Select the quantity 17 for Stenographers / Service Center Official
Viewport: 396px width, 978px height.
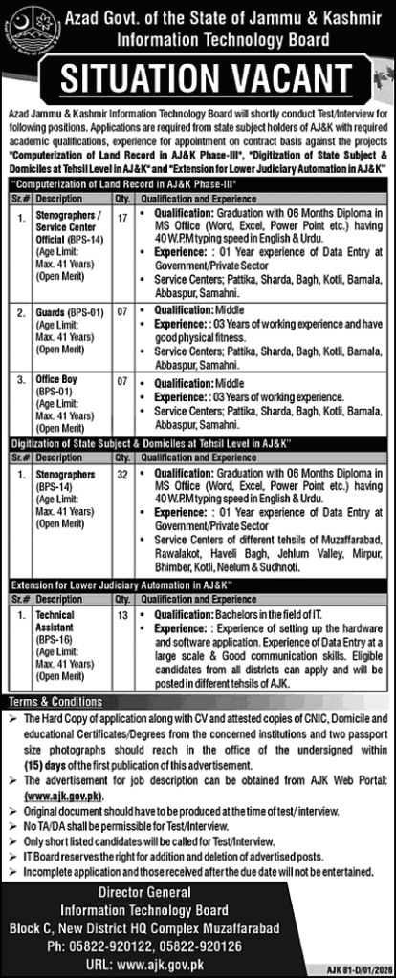(121, 218)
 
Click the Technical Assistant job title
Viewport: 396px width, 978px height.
(56, 600)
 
